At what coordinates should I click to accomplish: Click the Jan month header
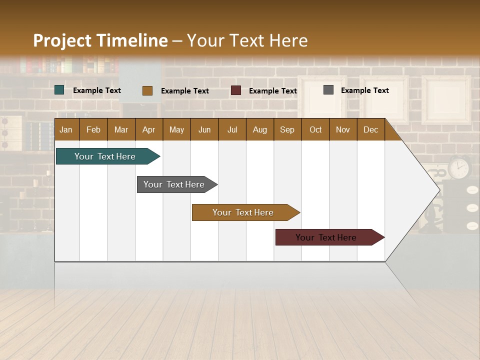(x=66, y=129)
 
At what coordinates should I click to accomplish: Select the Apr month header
(x=149, y=129)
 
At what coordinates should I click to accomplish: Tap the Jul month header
(x=232, y=129)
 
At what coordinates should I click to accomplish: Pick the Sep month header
(x=287, y=129)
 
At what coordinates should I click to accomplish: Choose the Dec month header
(x=370, y=129)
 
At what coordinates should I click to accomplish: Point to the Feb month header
(x=93, y=129)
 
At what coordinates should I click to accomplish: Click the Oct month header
(x=315, y=129)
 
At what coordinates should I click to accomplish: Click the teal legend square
(x=59, y=90)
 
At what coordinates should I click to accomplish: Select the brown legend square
(x=147, y=90)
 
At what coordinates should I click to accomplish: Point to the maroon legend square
(x=236, y=90)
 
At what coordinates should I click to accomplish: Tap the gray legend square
(x=328, y=90)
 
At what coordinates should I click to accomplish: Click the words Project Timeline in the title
(x=100, y=40)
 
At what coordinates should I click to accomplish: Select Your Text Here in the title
(x=247, y=40)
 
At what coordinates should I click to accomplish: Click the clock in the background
(x=459, y=167)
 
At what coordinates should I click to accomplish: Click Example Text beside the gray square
(x=364, y=90)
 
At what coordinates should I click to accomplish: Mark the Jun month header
(x=204, y=129)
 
